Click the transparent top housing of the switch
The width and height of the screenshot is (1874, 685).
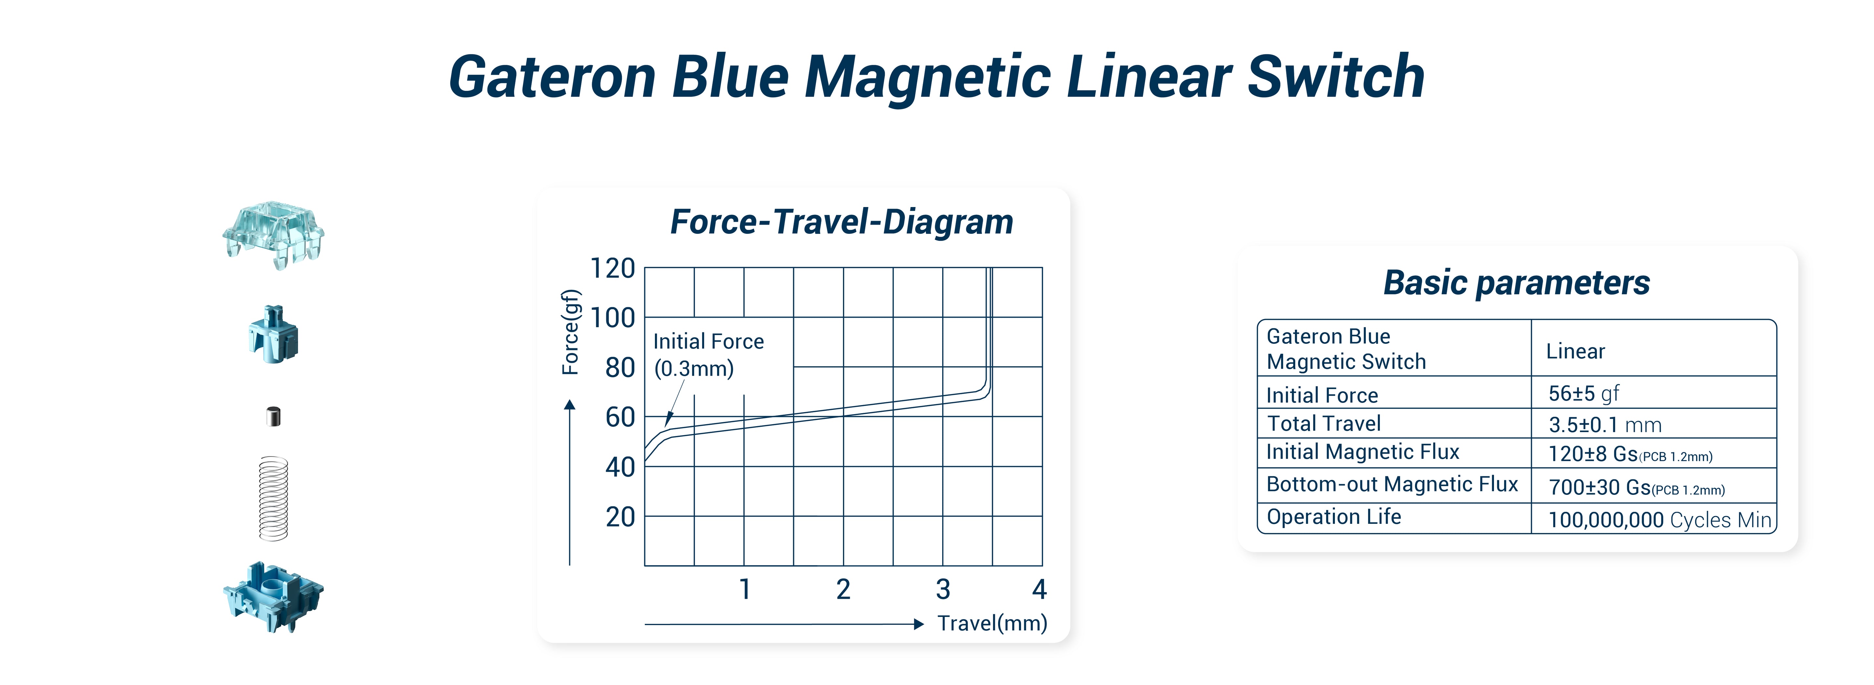pyautogui.click(x=274, y=234)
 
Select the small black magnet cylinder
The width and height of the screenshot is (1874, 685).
pyautogui.click(x=274, y=416)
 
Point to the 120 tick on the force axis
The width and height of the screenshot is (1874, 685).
pyautogui.click(x=613, y=269)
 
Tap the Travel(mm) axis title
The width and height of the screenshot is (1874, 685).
pyautogui.click(x=992, y=623)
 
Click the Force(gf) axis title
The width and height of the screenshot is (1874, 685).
pyautogui.click(x=571, y=332)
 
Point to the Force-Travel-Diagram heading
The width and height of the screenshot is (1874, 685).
pyautogui.click(x=842, y=222)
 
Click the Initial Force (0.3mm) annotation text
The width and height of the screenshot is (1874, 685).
pyautogui.click(x=708, y=355)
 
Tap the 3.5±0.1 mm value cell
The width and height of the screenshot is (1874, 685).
pyautogui.click(x=1605, y=425)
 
